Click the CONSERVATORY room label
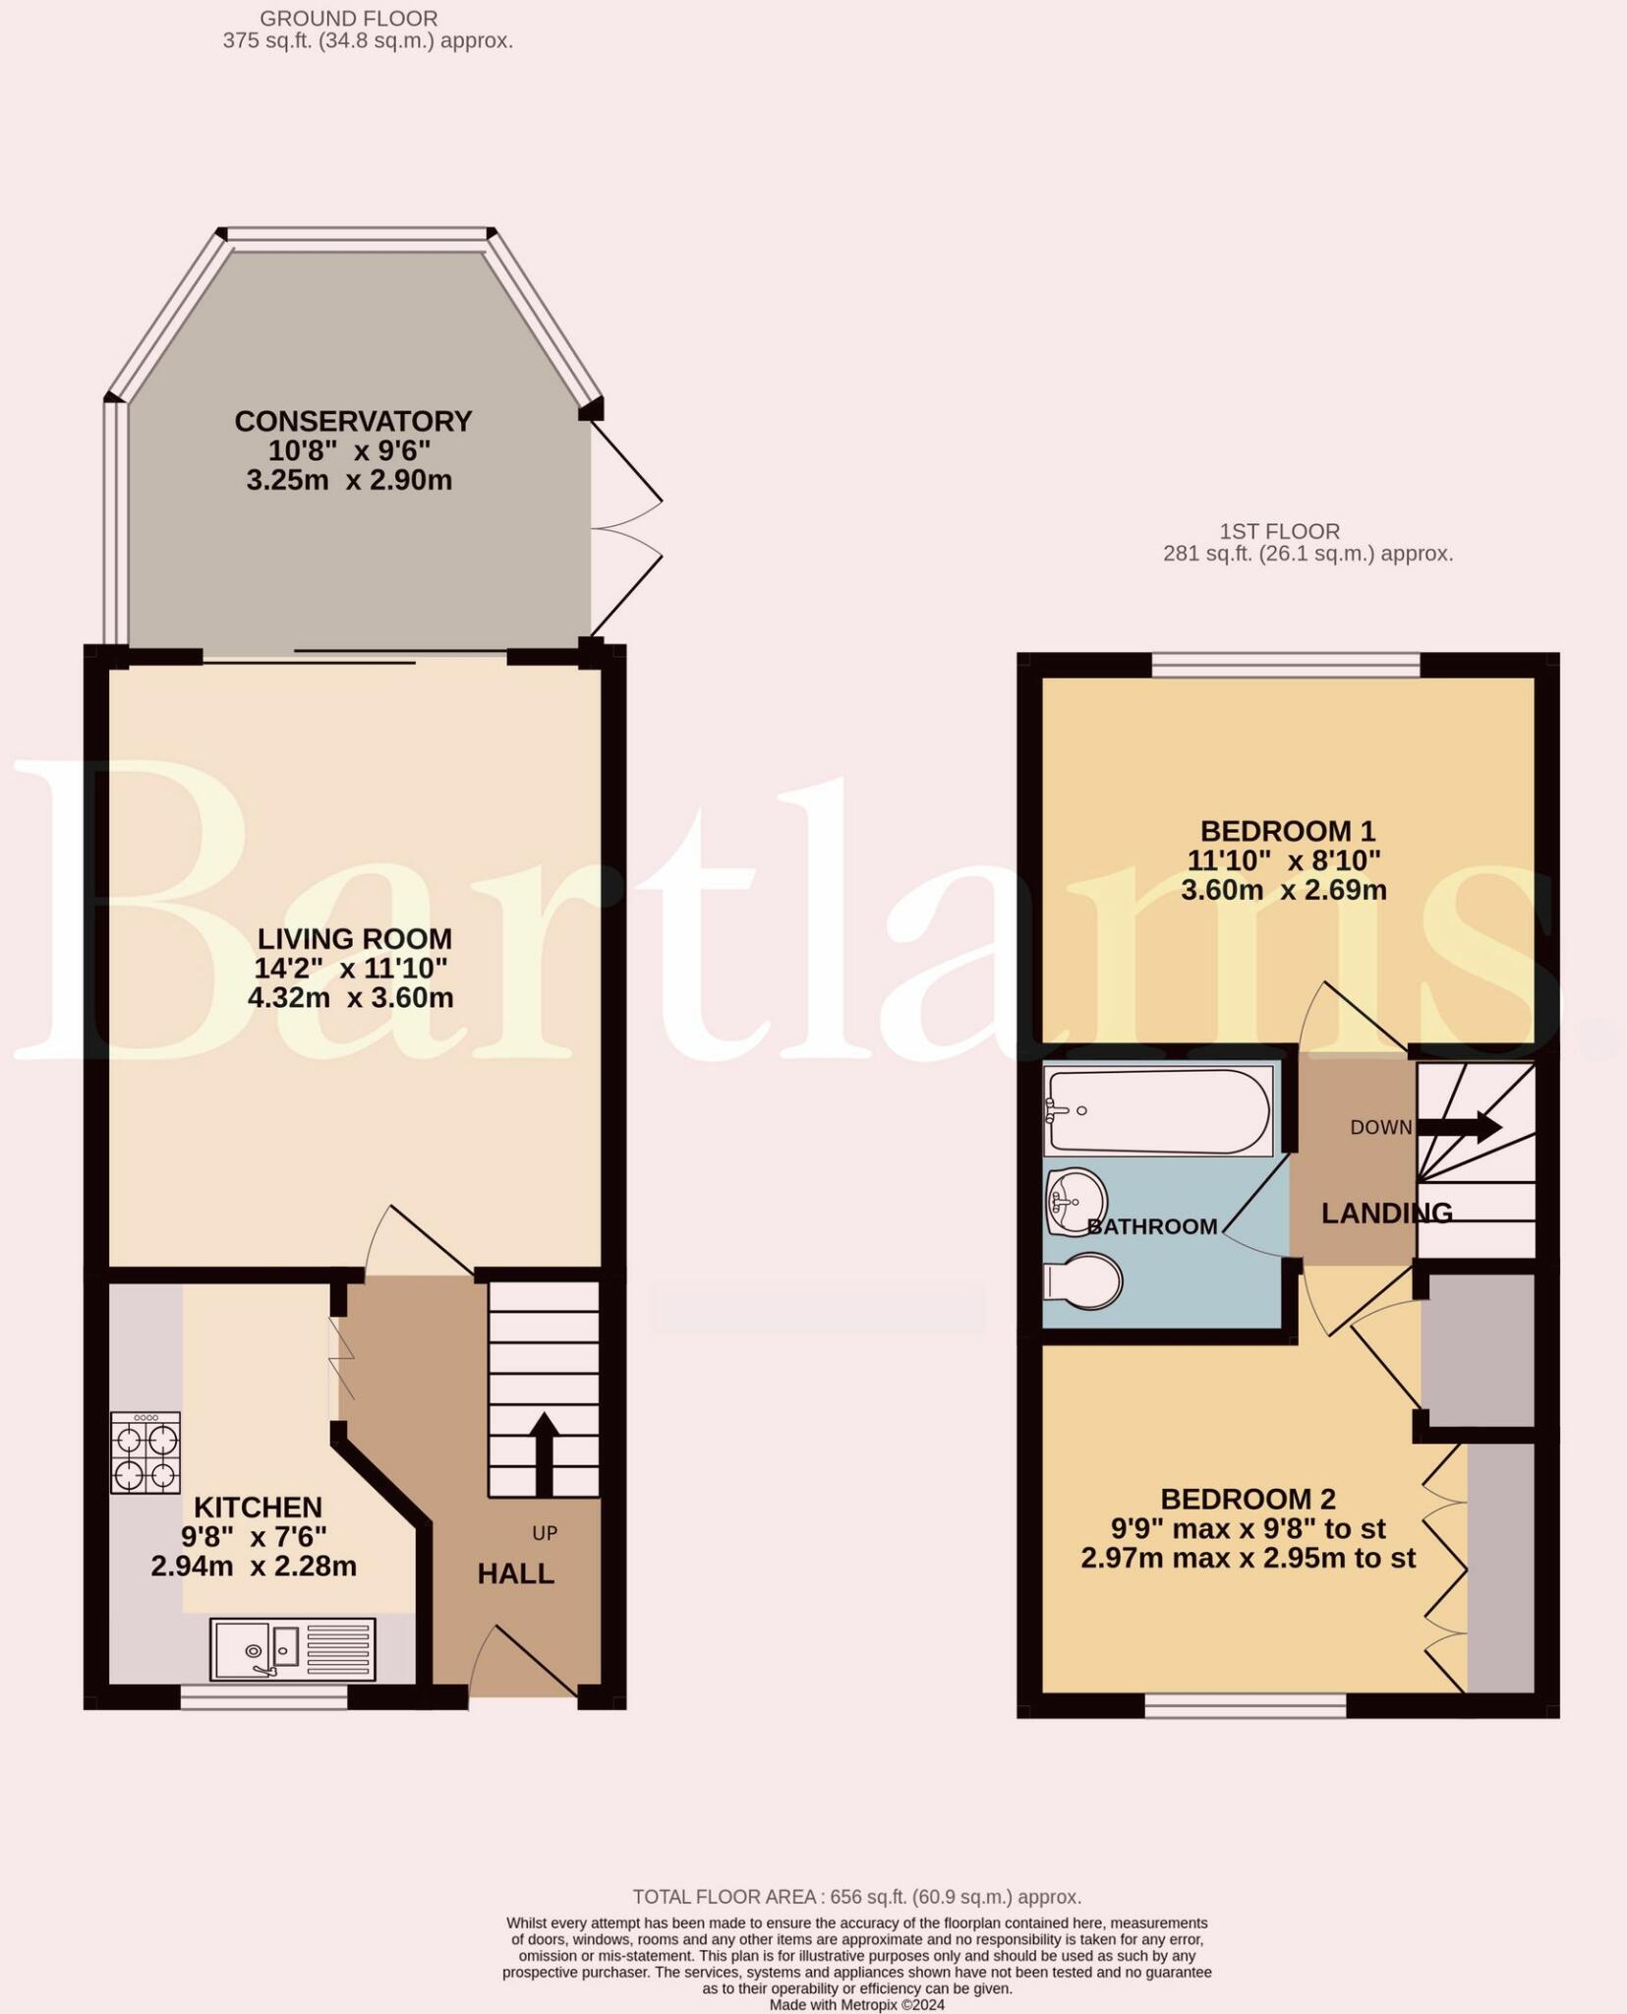pyautogui.click(x=353, y=421)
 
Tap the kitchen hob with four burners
pyautogui.click(x=145, y=1452)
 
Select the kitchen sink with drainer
pyautogui.click(x=292, y=1649)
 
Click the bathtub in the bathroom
pyautogui.click(x=1158, y=1111)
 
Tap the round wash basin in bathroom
pyautogui.click(x=1076, y=1200)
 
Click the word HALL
pyautogui.click(x=515, y=1574)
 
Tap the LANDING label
pyautogui.click(x=1386, y=1214)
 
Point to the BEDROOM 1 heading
pyautogui.click(x=1287, y=831)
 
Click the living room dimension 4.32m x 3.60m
pyautogui.click(x=351, y=998)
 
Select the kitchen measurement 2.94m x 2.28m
pyautogui.click(x=254, y=1567)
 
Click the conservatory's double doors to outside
pyautogui.click(x=625, y=529)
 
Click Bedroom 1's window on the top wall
pyautogui.click(x=1286, y=666)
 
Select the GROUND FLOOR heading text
pyautogui.click(x=349, y=19)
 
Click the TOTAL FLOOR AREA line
pyautogui.click(x=856, y=1897)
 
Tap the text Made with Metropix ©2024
pyautogui.click(x=856, y=2005)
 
